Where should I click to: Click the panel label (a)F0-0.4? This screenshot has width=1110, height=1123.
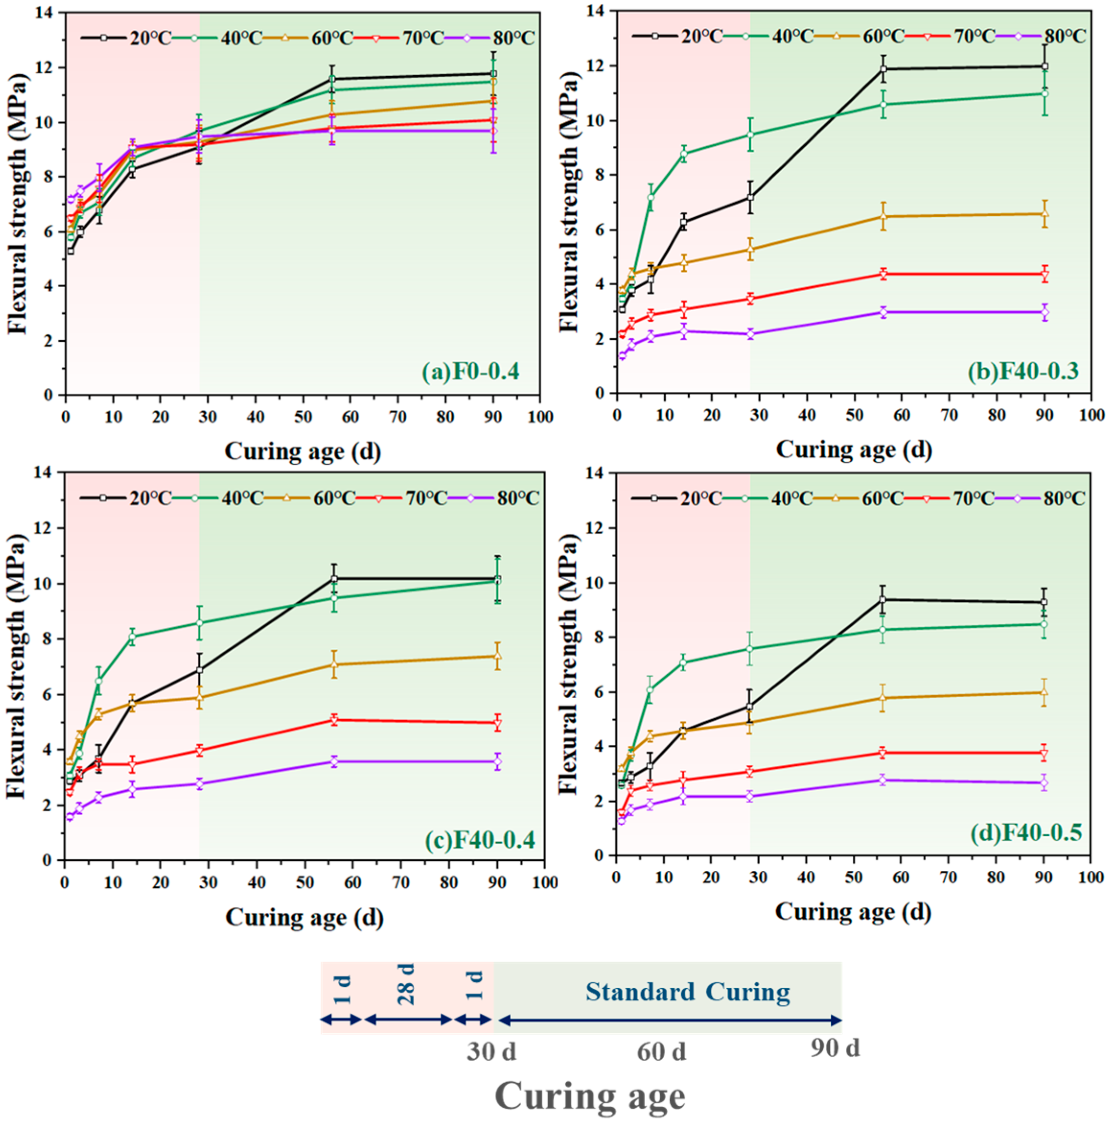click(x=470, y=371)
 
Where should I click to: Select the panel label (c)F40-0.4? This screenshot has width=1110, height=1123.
click(x=480, y=840)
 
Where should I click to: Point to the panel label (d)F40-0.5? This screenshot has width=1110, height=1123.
click(x=1026, y=833)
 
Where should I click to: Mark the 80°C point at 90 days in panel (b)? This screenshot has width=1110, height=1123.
click(x=1044, y=312)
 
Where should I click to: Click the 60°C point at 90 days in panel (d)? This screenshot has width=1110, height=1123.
click(x=1043, y=692)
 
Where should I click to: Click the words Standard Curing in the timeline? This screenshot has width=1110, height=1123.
click(x=687, y=992)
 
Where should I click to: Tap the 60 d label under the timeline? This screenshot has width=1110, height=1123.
click(x=661, y=1052)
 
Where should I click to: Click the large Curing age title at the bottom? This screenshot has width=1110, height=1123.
click(x=590, y=1096)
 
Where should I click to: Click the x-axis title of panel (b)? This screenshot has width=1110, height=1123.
click(x=853, y=449)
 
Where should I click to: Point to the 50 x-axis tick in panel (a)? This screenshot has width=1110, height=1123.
click(x=303, y=417)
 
